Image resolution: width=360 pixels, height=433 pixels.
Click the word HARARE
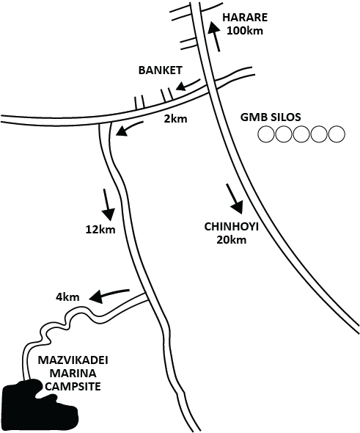[246, 18]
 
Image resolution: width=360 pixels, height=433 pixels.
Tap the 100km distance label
[245, 31]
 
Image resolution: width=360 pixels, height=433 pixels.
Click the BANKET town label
[159, 71]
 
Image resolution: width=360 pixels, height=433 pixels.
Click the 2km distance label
[176, 118]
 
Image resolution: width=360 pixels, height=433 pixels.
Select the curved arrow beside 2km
[129, 131]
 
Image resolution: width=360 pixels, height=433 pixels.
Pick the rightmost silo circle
[336, 134]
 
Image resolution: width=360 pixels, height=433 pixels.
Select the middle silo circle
[301, 134]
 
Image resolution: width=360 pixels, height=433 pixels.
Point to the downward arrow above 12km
[108, 205]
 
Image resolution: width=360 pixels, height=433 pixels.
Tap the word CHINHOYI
[228, 227]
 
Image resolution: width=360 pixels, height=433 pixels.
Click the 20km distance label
[227, 239]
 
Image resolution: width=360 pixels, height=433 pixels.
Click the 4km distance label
[67, 298]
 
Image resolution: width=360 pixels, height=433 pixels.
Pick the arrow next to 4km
[109, 294]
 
